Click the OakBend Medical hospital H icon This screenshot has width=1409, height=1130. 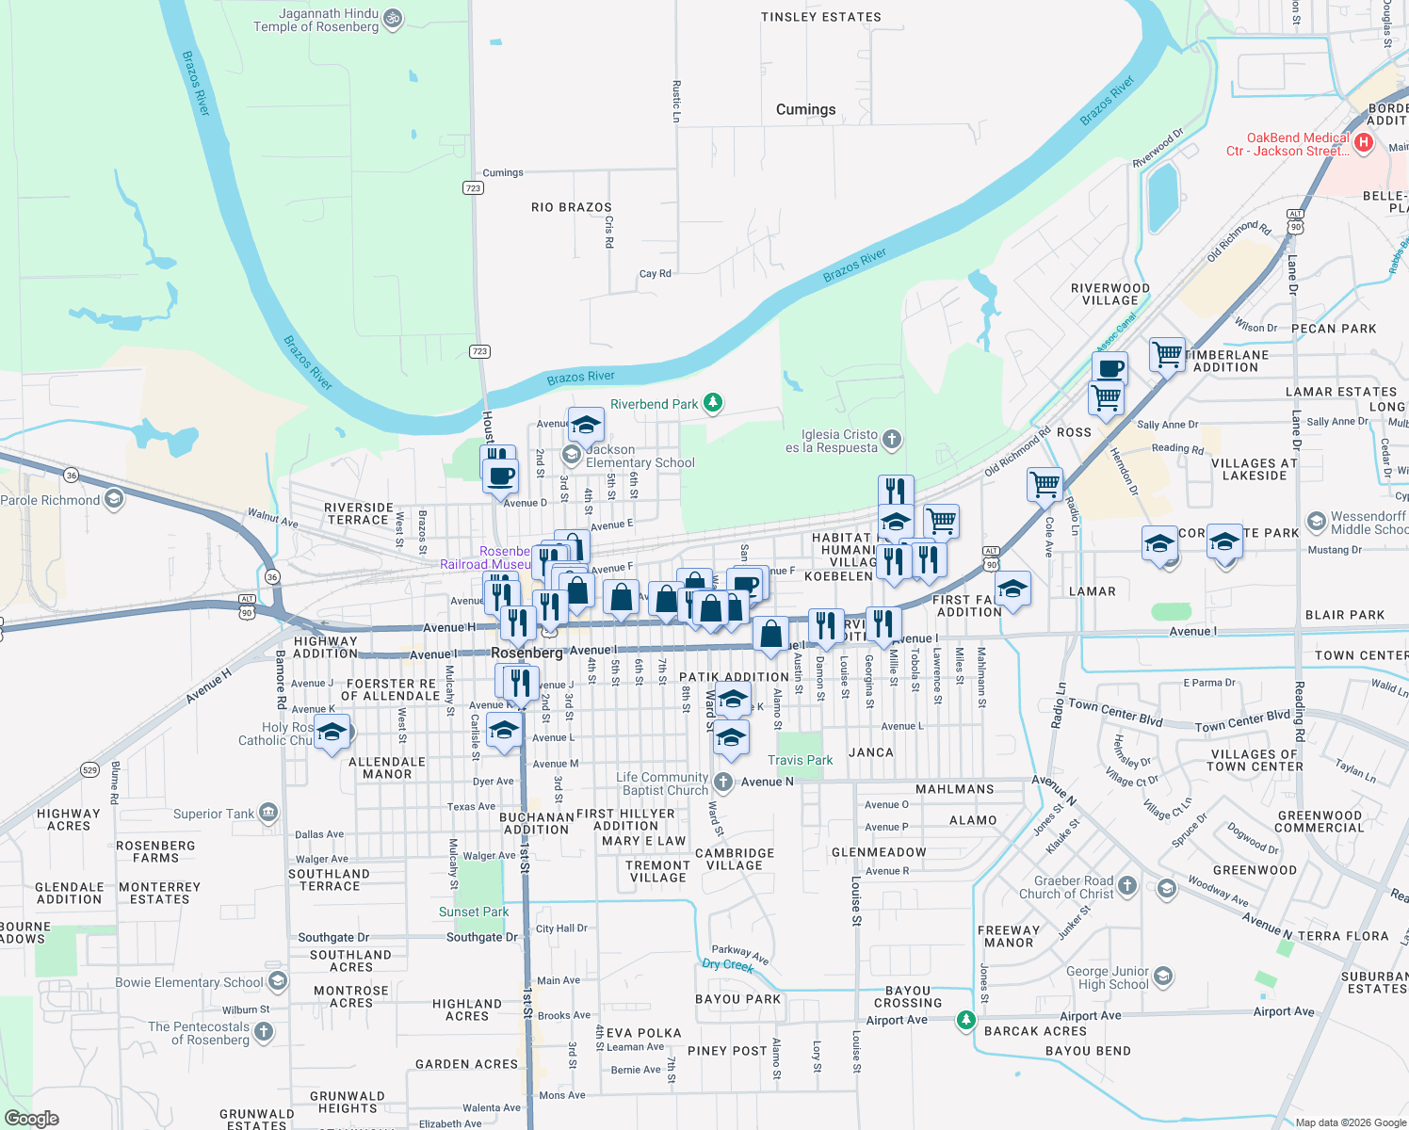(x=1364, y=143)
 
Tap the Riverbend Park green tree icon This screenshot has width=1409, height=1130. (x=714, y=404)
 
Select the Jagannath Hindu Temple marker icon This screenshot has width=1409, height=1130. (x=394, y=18)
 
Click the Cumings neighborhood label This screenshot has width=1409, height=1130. (x=805, y=109)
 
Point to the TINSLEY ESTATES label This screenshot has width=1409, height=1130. (x=821, y=17)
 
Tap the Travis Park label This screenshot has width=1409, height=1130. (x=800, y=760)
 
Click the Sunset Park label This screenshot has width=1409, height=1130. (x=474, y=912)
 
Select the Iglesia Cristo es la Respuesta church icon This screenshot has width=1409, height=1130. (x=892, y=439)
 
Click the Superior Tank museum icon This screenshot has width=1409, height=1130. (x=268, y=812)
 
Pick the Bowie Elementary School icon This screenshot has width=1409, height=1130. (x=277, y=982)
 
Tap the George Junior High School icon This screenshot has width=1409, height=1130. (x=1163, y=976)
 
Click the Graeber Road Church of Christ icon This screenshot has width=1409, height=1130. (x=1127, y=885)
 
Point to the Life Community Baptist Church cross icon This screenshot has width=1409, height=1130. (x=722, y=782)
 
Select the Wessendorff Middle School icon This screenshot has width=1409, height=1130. (x=1316, y=522)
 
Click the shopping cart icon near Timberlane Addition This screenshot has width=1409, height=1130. (x=1167, y=354)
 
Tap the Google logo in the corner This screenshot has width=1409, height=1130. (x=31, y=1118)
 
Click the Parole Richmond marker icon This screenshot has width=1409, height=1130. (x=114, y=498)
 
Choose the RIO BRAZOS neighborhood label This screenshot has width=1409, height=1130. (x=571, y=207)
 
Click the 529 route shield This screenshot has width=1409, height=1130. (x=89, y=769)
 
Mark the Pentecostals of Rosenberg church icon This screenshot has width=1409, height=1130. (x=264, y=1031)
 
